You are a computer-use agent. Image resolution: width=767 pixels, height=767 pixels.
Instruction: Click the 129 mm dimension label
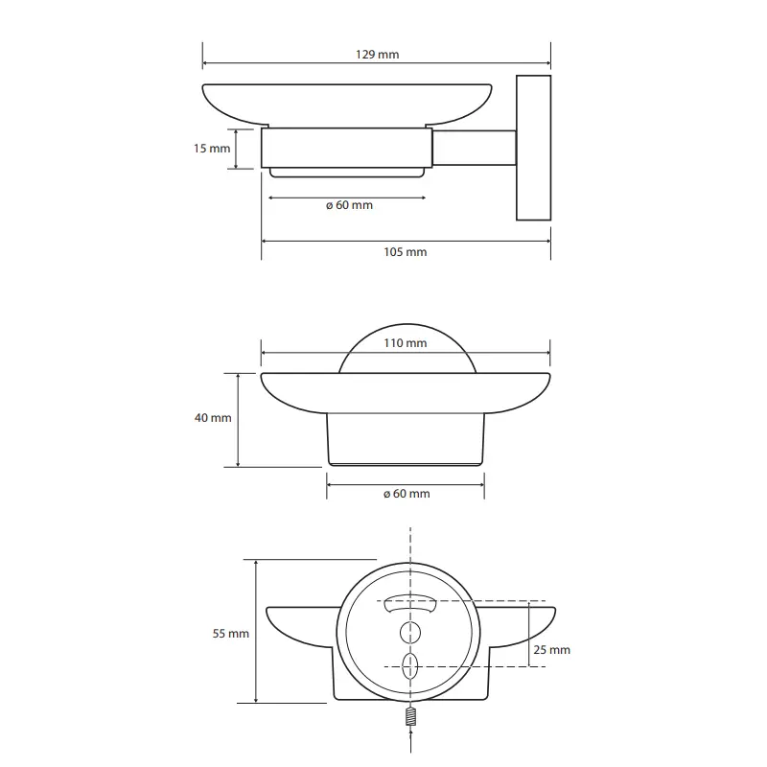coord(377,55)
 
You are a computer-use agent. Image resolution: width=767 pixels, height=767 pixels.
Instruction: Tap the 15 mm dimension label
coord(212,149)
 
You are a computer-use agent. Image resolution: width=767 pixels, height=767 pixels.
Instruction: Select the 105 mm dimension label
coord(405,252)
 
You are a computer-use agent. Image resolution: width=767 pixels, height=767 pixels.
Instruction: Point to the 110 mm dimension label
coord(405,343)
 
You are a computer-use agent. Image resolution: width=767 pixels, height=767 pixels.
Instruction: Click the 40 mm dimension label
coord(213,418)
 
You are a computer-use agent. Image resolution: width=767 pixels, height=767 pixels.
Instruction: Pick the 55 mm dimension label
coord(230,634)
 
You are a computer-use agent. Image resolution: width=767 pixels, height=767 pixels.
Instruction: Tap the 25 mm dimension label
coord(552,650)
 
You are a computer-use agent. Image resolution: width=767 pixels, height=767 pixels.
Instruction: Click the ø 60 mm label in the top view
coord(349,205)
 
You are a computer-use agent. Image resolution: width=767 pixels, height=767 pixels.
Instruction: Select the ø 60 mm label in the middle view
coord(407,494)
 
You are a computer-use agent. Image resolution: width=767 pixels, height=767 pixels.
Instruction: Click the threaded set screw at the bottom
coord(411,716)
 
